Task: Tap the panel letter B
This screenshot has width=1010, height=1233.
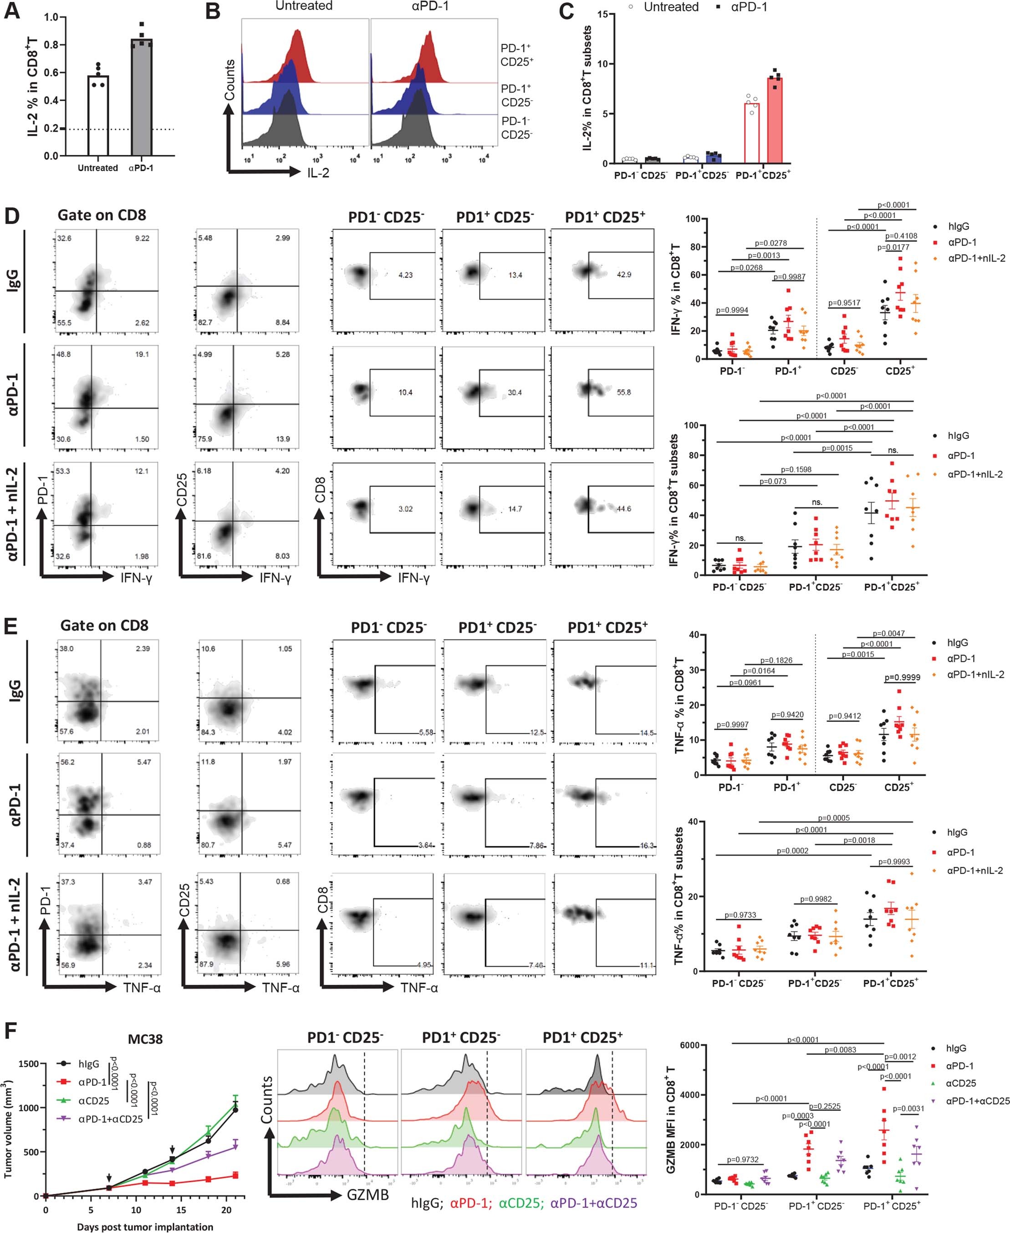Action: click(x=214, y=11)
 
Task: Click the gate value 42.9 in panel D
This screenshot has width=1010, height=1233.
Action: click(x=624, y=275)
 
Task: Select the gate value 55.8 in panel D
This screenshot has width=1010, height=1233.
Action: click(x=624, y=392)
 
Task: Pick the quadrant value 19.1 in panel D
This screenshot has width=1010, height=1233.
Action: click(x=142, y=354)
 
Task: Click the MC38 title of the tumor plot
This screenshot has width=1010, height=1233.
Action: click(x=145, y=1039)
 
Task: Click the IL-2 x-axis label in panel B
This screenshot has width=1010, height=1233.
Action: click(x=318, y=172)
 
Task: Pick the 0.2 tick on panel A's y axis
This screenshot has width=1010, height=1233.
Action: click(x=51, y=128)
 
